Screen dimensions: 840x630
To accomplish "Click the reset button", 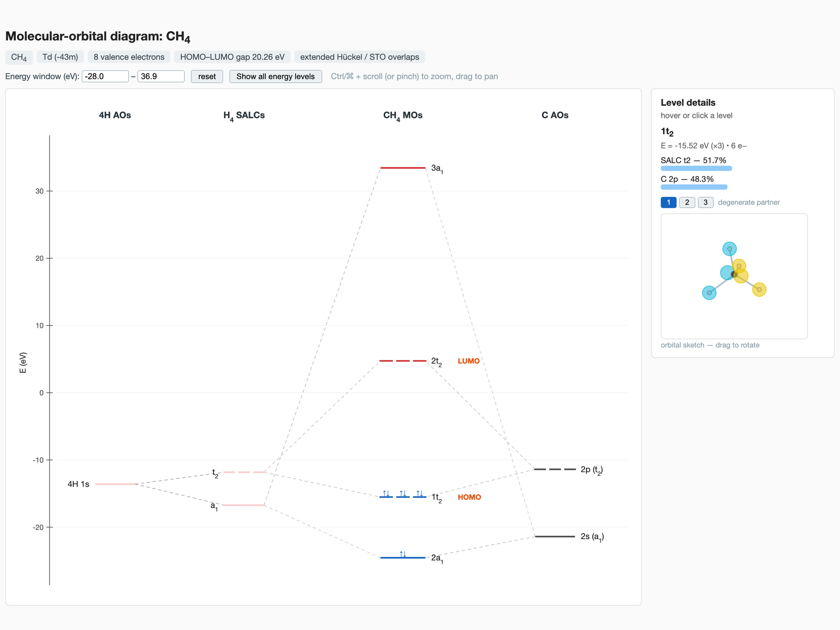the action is pos(207,76).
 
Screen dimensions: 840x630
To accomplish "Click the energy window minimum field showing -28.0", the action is pos(105,76).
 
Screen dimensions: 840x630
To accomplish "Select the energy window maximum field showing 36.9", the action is pos(161,76).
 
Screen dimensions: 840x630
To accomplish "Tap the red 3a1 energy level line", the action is pos(403,168).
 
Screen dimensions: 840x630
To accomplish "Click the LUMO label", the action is pos(469,361).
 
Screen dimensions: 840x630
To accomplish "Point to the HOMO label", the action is pos(470,497).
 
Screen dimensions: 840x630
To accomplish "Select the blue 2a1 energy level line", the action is pos(403,558).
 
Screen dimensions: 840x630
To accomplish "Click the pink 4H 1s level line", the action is pos(115,484).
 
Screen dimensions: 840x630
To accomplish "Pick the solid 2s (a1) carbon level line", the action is pos(555,536).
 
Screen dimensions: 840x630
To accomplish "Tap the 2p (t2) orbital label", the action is pos(591,470).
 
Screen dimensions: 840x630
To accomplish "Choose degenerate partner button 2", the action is pos(687,202).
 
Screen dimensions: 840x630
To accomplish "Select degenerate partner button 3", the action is pos(706,202).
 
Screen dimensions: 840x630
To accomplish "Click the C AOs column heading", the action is pos(555,115).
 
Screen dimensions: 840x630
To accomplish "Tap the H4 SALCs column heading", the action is pos(244,116).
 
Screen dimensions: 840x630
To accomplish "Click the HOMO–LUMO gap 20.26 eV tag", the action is pos(232,57).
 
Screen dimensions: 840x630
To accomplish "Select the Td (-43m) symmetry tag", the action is pos(60,57).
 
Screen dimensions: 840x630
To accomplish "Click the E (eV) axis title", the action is pos(23,362).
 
